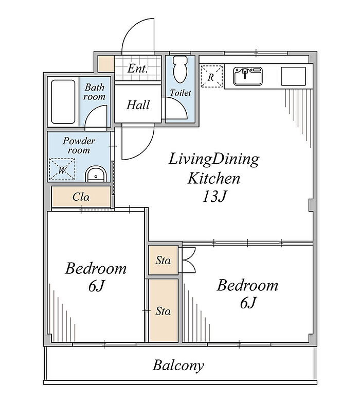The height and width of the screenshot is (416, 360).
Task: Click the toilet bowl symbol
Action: pos(180,70)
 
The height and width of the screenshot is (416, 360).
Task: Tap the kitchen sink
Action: pos(248,76)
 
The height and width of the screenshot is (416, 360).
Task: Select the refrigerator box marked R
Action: pos(211,76)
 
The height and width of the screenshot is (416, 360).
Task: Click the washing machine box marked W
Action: pos(62,169)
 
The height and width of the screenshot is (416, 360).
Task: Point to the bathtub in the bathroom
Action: pos(63,102)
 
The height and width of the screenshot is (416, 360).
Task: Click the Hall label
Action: pos(138,105)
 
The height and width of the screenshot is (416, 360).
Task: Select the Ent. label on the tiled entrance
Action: pos(137,68)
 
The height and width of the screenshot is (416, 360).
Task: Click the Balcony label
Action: pos(178,366)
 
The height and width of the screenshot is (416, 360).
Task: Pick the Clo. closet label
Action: pos(81,197)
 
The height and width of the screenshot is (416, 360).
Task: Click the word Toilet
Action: pos(181,93)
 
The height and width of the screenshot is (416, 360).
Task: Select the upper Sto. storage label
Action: pos(163,261)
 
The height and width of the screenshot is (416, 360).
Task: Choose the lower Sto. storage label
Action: pos(163,310)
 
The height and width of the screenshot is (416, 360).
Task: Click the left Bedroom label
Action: pos(96,268)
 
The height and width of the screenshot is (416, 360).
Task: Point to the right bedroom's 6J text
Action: pos(247,302)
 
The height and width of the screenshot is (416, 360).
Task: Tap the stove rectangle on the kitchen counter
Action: pos(294,76)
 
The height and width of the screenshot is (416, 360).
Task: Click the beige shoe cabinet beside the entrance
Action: pos(106,63)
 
